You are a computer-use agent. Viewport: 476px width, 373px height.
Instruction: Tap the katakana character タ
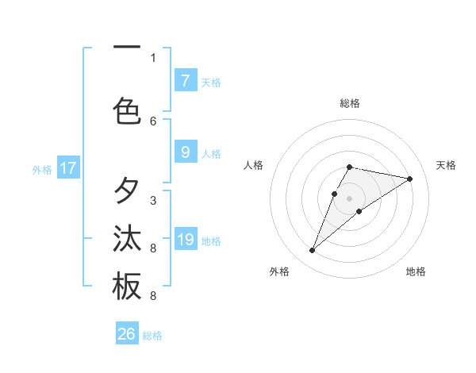pyautogui.click(x=127, y=191)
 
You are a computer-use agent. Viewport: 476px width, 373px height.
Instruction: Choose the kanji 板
pyautogui.click(x=127, y=286)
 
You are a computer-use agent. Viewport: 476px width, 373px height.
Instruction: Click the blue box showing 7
pyautogui.click(x=185, y=81)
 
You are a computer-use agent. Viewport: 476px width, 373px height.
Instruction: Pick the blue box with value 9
pyautogui.click(x=185, y=152)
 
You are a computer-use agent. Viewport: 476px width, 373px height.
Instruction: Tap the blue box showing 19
pyautogui.click(x=185, y=240)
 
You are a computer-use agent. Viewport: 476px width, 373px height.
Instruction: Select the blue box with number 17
pyautogui.click(x=68, y=168)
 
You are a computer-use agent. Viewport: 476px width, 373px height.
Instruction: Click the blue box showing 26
pyautogui.click(x=127, y=334)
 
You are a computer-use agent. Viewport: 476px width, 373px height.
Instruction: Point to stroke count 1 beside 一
pyautogui.click(x=153, y=57)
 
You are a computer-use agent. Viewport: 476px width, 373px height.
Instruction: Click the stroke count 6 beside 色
pyautogui.click(x=153, y=121)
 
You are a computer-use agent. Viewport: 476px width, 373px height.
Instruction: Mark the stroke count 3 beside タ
pyautogui.click(x=153, y=200)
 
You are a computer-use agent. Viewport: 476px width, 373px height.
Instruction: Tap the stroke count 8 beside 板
pyautogui.click(x=153, y=296)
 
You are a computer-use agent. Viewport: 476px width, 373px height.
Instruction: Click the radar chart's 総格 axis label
pyautogui.click(x=350, y=103)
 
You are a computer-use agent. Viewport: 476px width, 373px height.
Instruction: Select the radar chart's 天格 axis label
pyautogui.click(x=446, y=165)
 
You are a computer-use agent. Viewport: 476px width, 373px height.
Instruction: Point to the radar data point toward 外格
pyautogui.click(x=313, y=251)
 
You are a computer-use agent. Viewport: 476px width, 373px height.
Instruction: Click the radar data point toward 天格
pyautogui.click(x=409, y=179)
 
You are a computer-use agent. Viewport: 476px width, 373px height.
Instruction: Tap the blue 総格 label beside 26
pyautogui.click(x=152, y=336)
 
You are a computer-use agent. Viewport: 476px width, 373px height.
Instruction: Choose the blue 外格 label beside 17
pyautogui.click(x=41, y=169)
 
